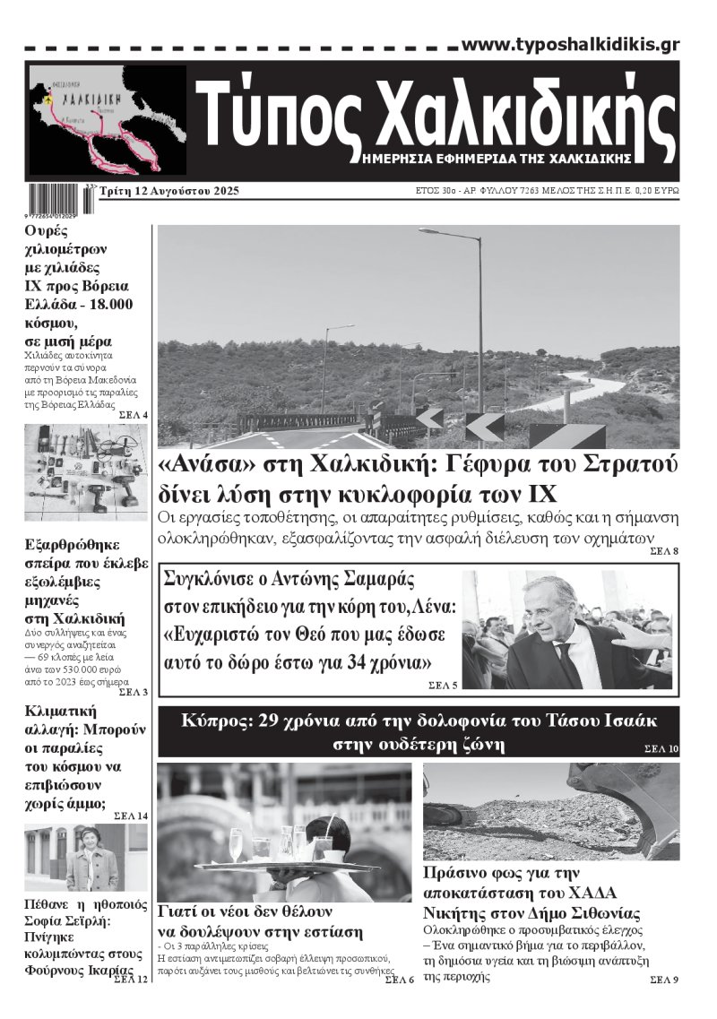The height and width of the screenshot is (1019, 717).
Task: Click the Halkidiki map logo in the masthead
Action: (x=107, y=120)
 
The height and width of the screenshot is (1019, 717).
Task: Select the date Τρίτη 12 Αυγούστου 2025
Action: (x=169, y=192)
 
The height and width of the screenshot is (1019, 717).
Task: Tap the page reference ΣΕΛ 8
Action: (x=664, y=550)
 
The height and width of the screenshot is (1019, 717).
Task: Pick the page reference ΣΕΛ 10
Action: (x=661, y=747)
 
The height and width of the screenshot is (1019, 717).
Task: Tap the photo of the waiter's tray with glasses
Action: (x=284, y=832)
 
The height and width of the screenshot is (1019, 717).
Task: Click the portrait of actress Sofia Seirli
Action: (x=87, y=859)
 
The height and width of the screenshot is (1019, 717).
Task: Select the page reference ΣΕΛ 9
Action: (x=663, y=980)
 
